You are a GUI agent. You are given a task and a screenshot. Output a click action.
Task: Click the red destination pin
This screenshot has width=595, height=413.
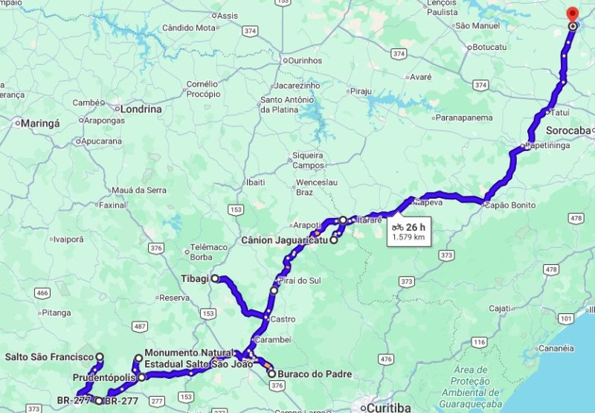coord(572,14)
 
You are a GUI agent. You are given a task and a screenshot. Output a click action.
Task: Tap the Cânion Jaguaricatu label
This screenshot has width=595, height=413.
coord(286,240)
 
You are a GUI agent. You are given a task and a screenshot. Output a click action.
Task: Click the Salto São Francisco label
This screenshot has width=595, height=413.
coord(49,357)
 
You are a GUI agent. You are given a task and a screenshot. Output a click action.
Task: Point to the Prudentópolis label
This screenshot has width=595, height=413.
coord(103,377)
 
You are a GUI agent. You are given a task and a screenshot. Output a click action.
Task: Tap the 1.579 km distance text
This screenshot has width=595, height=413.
coord(408,237)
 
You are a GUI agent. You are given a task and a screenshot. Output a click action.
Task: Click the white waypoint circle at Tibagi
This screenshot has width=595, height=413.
coord(215,278)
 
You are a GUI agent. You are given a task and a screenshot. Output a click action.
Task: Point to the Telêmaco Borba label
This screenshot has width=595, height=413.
coord(202,252)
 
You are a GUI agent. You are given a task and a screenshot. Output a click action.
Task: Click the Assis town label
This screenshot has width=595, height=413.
coord(228,16)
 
